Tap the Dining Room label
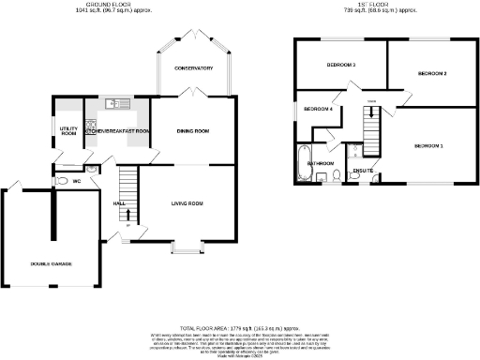(192, 130)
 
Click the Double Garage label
(50, 263)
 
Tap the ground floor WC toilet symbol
(61, 181)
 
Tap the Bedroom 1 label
(428, 146)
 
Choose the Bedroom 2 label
(431, 73)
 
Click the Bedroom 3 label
(340, 66)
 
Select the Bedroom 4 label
(318, 110)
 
